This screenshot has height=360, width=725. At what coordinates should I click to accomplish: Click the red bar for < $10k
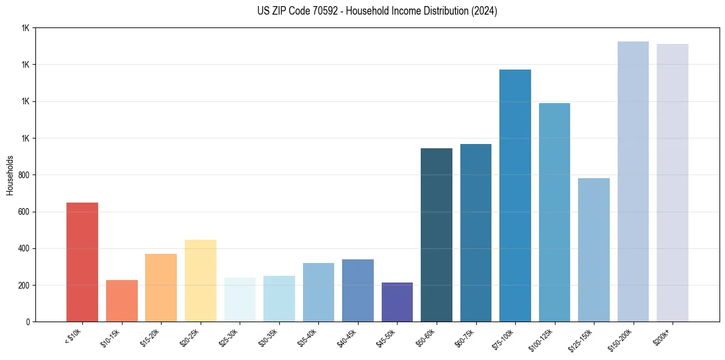click(x=82, y=262)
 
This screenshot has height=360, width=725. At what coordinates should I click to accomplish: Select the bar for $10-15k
click(x=121, y=301)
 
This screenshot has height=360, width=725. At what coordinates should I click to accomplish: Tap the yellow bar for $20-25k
click(x=200, y=281)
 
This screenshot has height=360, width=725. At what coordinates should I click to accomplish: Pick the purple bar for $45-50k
click(x=397, y=302)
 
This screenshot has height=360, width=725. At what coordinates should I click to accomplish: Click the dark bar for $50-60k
click(x=437, y=235)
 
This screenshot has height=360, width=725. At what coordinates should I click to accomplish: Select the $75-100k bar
click(x=515, y=195)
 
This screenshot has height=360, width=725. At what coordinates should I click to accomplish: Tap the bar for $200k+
click(x=673, y=183)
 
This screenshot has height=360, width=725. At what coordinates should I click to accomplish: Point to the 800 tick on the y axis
click(x=25, y=175)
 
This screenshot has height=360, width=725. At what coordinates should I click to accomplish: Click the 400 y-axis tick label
click(x=25, y=249)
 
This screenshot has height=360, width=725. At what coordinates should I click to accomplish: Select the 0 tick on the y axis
click(x=28, y=322)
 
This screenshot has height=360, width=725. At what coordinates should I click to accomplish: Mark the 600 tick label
click(x=25, y=212)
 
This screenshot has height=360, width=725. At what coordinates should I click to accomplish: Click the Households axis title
click(x=10, y=175)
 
